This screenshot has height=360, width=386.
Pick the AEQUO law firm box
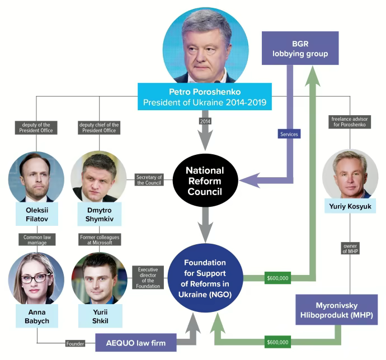136,340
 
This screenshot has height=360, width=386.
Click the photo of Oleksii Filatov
36,177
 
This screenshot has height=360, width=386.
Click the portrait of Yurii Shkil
99,278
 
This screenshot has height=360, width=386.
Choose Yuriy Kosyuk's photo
350,173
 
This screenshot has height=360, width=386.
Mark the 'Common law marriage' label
36,239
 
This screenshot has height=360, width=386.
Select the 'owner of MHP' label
350,248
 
